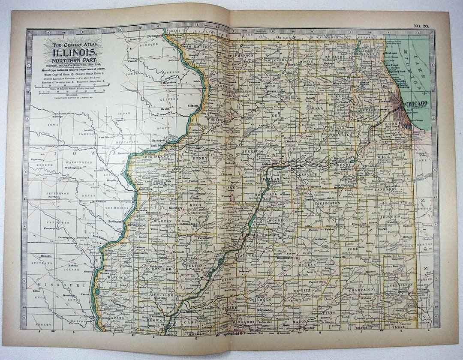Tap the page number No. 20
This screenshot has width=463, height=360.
coord(421,26)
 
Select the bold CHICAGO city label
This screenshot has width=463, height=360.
coord(415,103)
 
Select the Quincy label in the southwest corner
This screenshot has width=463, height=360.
coord(105,318)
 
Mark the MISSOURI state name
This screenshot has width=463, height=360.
coord(56,285)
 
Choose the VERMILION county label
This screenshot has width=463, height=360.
coord(401,284)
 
